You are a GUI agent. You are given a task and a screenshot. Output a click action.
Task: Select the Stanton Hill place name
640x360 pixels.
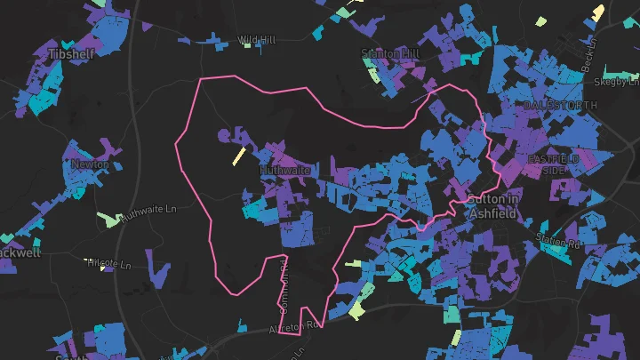coord(389,53)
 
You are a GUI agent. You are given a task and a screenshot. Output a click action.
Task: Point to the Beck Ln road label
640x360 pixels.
coord(588,60)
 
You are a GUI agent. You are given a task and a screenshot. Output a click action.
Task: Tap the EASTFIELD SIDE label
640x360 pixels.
coord(554,164)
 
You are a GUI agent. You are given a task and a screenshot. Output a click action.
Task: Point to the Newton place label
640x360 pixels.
coord(89,164)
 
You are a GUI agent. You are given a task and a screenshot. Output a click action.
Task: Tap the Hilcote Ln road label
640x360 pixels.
coord(110,265)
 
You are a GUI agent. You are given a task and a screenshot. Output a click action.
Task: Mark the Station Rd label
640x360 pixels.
coord(557,239)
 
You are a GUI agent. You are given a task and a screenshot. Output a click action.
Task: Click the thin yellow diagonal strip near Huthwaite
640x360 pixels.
coord(237,156)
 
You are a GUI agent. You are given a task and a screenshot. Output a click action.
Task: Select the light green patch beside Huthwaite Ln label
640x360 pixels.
coord(108,220)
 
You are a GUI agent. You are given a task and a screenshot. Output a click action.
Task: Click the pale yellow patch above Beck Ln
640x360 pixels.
coord(598,12)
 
